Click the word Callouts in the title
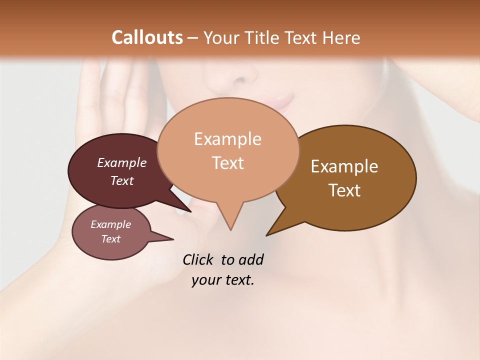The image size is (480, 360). point(147,37)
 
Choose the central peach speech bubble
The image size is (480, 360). point(228,150)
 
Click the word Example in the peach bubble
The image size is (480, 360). point(227,139)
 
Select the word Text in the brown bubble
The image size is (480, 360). point(344,190)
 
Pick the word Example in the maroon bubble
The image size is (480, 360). point(122,162)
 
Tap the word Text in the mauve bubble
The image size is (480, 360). point(111,239)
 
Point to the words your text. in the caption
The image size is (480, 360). point(223,280)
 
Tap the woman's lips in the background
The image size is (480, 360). point(280,102)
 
